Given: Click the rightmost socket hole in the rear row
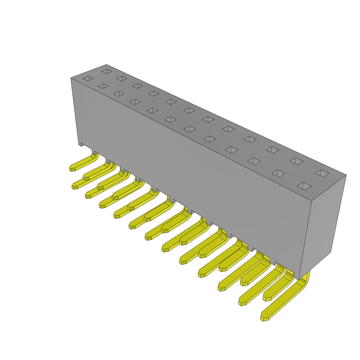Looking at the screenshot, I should pos(322,173).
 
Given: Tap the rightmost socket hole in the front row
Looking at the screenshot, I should pos(304,186).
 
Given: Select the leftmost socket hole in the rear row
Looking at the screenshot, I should pos(107,71).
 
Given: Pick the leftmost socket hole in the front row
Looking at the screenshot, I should pos(88,78).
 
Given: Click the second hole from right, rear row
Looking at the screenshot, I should pos(297,161).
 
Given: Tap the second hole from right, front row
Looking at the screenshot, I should pos(278,173).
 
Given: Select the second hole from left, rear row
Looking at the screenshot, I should pos(122,78).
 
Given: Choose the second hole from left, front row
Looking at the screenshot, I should pos(103,86).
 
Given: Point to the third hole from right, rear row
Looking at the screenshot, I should pos(272,150).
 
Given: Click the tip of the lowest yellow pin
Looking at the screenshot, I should pos(264,319).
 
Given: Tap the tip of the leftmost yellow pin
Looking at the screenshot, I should pos(72,169).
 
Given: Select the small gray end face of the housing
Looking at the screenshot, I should pos(322,225).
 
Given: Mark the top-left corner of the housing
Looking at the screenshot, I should pos(71,78).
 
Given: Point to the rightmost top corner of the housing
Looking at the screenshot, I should pos(346,175).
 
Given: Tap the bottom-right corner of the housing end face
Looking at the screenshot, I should pos(330,252).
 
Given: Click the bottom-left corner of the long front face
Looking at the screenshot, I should pos(79,144).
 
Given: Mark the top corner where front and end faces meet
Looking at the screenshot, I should pos(311,201).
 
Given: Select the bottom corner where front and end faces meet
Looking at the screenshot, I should pos(298,280).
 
